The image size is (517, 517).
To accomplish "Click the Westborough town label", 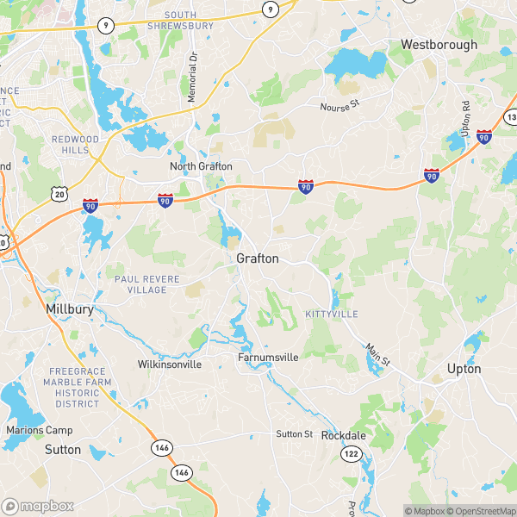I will pos(439,44).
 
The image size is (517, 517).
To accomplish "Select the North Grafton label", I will pos(201,166).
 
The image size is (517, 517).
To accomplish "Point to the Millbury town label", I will pos(69,308).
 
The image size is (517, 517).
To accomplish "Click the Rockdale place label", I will pos(343,435).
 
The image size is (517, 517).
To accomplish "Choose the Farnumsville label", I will pos(269,357).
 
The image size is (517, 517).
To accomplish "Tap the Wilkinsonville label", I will pos(170,364).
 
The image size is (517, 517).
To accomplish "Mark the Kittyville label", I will pos(331,315).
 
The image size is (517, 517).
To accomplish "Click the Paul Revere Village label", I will pos(141,284).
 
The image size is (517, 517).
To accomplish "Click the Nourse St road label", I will pos(337,108).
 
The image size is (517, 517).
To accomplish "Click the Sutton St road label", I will pos(294,434).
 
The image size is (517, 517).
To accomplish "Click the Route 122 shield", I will pos(351,453).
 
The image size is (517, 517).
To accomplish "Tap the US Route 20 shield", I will pos(59,195).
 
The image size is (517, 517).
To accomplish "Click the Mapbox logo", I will pos(38,506).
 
